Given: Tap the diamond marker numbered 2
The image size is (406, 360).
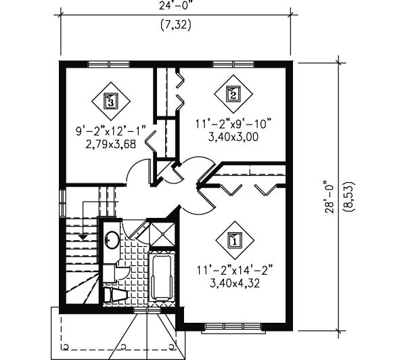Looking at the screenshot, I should (233, 94).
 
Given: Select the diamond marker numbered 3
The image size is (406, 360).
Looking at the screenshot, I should (110, 101).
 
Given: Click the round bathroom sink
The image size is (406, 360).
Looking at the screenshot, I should (111, 240).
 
